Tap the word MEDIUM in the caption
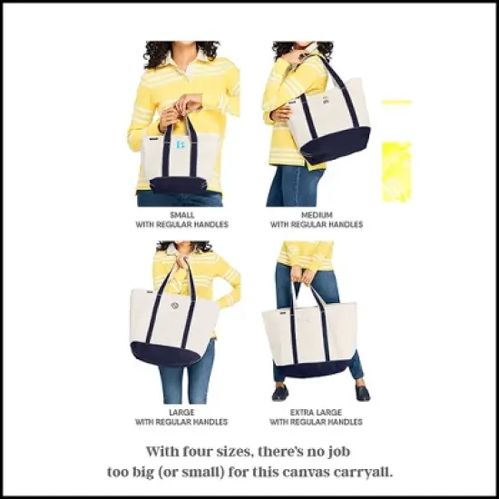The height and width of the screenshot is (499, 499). click(x=317, y=215)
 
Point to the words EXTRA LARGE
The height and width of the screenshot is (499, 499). click(x=317, y=413)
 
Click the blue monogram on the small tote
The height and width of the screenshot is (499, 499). click(x=180, y=146)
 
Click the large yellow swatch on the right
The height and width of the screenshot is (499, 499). click(x=396, y=170)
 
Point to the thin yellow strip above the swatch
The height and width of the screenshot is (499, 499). click(x=396, y=102)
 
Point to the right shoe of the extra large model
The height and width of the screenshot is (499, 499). click(x=362, y=392)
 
